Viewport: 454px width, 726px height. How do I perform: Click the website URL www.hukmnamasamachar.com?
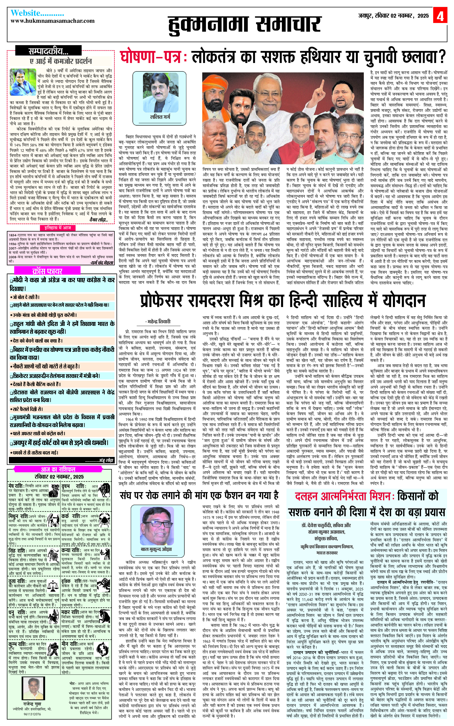(x=53, y=21)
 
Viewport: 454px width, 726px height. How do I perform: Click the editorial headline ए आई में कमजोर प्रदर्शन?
(x=61, y=61)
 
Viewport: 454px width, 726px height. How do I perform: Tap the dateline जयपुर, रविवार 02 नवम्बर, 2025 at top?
(x=393, y=16)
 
